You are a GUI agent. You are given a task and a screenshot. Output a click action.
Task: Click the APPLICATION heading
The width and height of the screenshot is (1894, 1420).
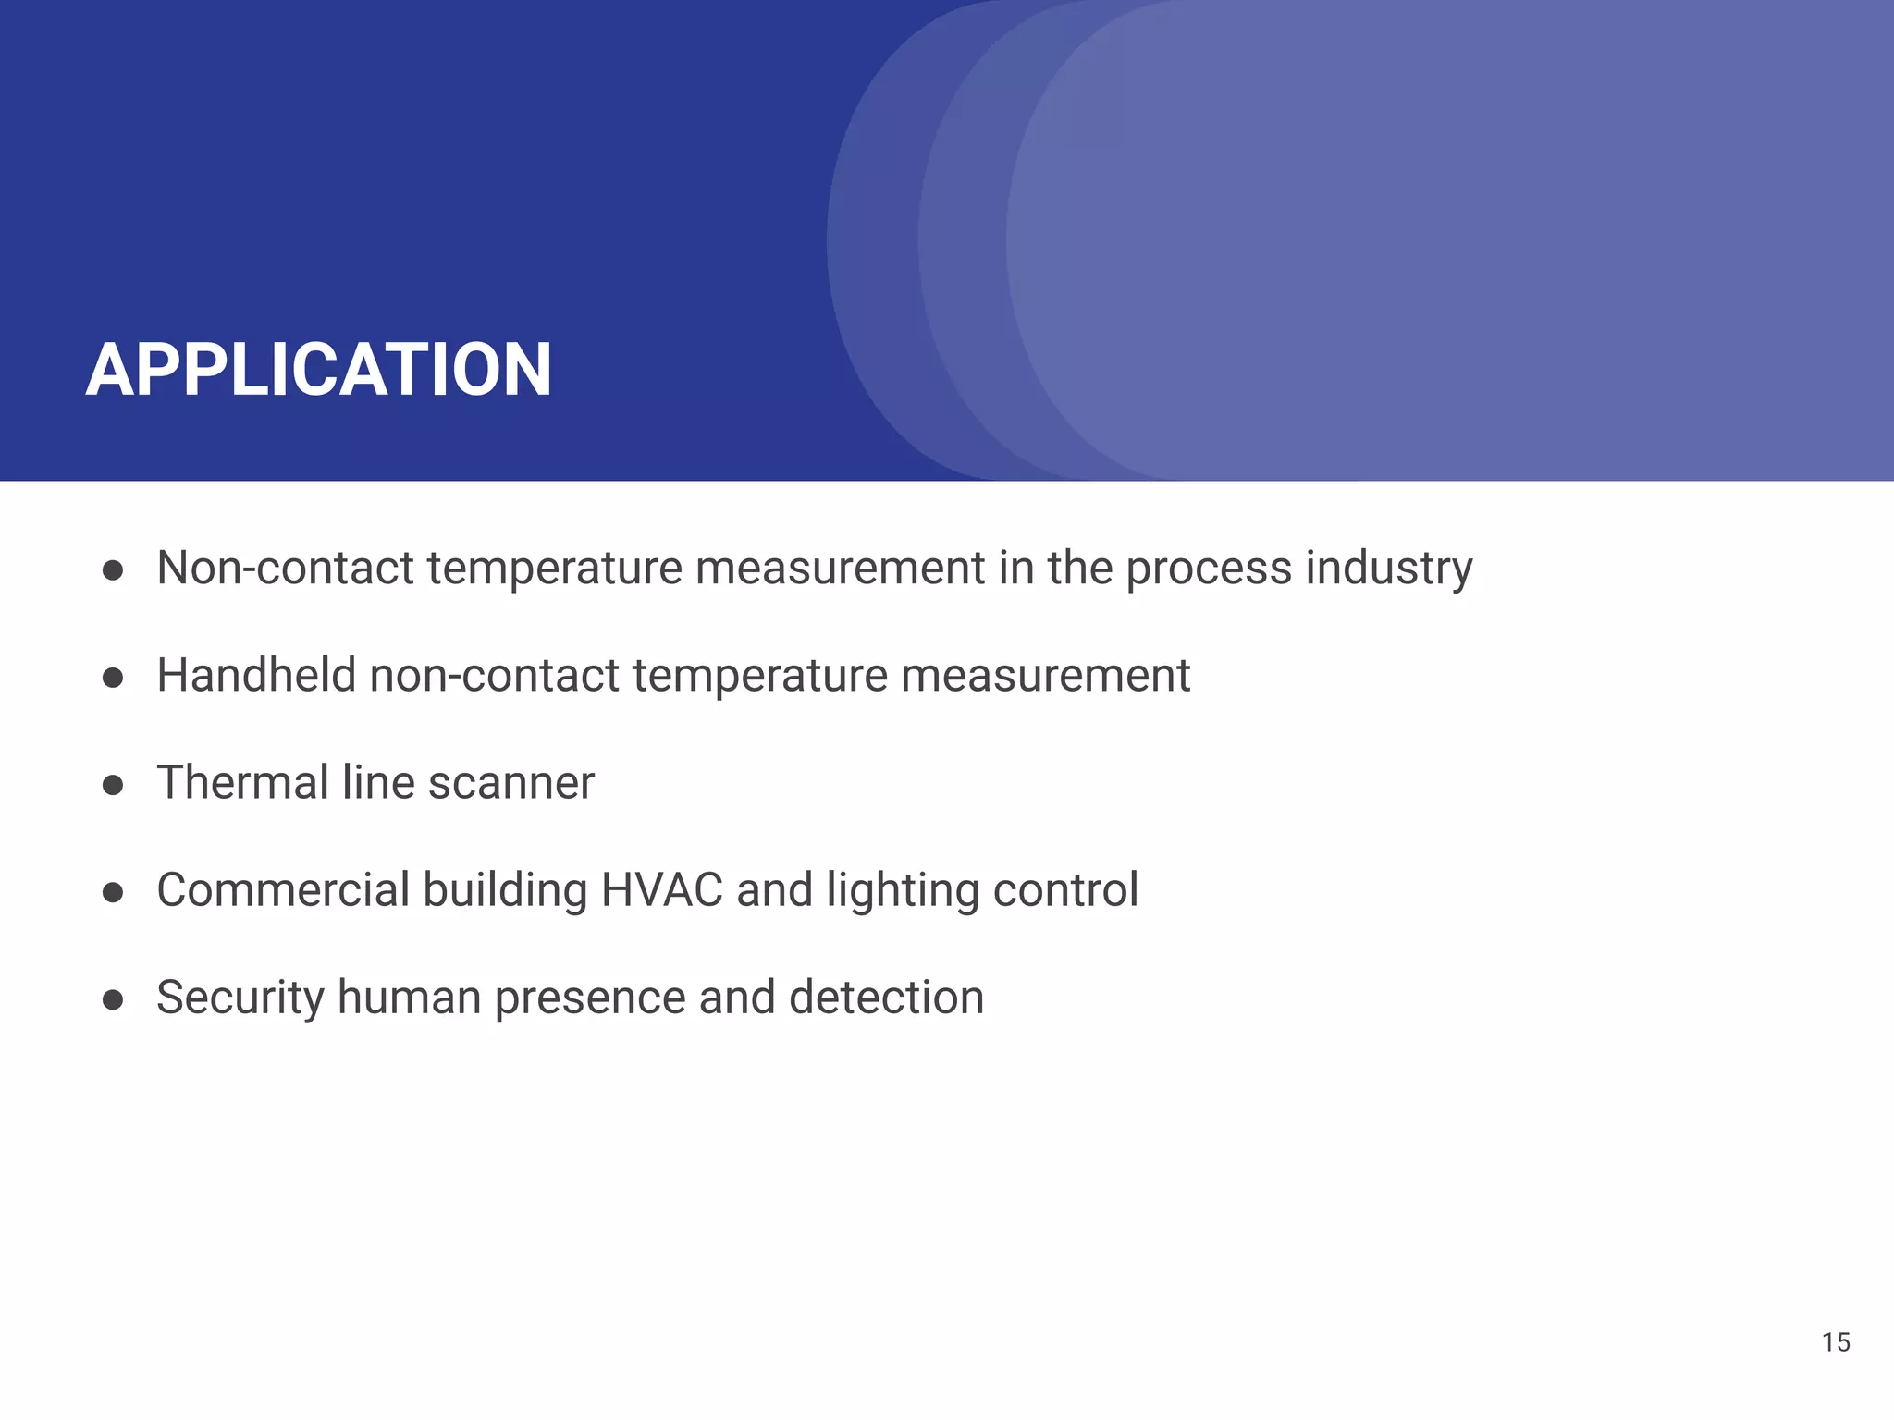click(319, 370)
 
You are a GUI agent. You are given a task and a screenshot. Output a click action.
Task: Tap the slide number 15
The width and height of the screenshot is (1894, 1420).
click(1836, 1342)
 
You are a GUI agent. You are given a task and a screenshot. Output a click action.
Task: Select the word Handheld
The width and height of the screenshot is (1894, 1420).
click(256, 675)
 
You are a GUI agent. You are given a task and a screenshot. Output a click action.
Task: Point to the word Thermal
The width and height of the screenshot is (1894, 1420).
click(242, 783)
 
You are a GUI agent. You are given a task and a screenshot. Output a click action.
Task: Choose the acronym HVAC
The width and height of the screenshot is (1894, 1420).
click(661, 890)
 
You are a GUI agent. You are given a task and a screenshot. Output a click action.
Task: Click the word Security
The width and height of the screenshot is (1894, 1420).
click(240, 998)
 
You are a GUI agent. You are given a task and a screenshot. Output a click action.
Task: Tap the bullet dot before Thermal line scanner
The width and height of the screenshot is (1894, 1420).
click(113, 786)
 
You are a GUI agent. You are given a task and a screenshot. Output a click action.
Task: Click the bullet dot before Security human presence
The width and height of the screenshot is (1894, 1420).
click(113, 1000)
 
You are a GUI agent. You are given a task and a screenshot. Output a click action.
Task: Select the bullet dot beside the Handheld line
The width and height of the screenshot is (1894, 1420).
click(113, 679)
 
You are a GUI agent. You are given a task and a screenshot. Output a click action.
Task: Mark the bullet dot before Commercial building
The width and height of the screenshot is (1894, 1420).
click(113, 893)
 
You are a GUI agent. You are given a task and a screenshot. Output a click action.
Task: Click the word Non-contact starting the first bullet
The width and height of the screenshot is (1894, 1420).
click(285, 569)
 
